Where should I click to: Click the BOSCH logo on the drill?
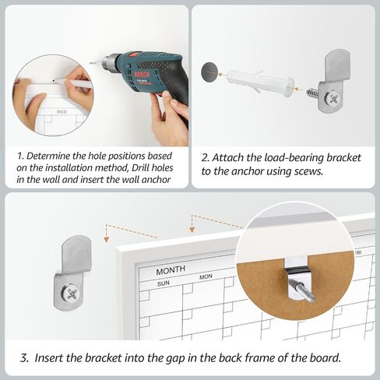(142, 74)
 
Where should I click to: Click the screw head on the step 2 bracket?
(332, 98)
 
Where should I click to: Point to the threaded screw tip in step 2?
(312, 93)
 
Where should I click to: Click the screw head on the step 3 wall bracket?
(70, 294)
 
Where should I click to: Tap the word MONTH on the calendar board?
(171, 269)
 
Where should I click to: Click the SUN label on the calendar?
(164, 283)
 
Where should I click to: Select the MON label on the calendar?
(206, 276)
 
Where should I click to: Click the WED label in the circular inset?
(62, 111)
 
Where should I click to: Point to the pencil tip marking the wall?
(54, 80)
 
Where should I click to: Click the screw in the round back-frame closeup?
(302, 290)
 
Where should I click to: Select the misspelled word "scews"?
(308, 171)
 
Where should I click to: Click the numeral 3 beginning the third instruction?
(24, 358)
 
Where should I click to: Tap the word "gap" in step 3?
(175, 359)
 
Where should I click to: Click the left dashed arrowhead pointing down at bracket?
(106, 239)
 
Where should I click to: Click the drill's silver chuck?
(108, 62)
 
